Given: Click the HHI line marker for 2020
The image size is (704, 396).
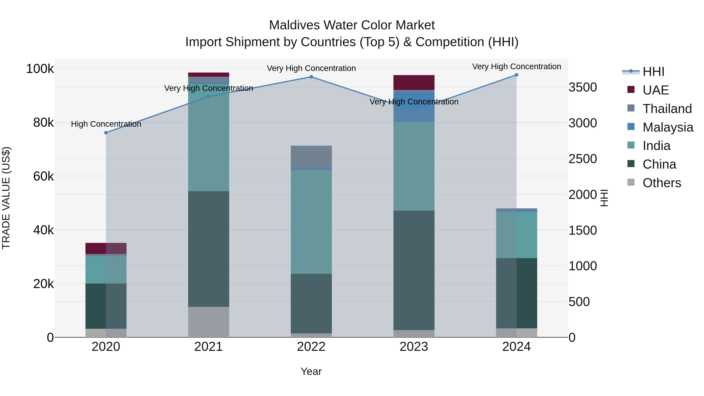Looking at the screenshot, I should pyautogui.click(x=106, y=133).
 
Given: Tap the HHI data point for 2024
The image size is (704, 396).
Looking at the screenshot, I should pyautogui.click(x=516, y=75).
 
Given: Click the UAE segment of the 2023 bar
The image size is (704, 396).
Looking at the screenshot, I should pyautogui.click(x=414, y=82).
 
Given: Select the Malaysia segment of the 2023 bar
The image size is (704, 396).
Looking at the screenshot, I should pyautogui.click(x=414, y=107).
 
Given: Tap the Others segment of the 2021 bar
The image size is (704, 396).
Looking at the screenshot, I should pyautogui.click(x=208, y=322).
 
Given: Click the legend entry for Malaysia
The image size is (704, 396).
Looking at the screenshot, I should pyautogui.click(x=667, y=127).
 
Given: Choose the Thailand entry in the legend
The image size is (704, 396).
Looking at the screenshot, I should pyautogui.click(x=667, y=109).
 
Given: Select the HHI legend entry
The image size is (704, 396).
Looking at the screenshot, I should pyautogui.click(x=653, y=72).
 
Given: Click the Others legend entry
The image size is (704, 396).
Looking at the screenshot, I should pyautogui.click(x=661, y=183).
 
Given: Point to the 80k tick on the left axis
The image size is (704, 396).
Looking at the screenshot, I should pyautogui.click(x=43, y=123).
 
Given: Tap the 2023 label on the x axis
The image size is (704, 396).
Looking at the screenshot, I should pyautogui.click(x=414, y=347).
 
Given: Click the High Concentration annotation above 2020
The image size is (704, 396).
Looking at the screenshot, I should pyautogui.click(x=106, y=124).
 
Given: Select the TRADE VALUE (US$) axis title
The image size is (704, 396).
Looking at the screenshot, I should pyautogui.click(x=6, y=198).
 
